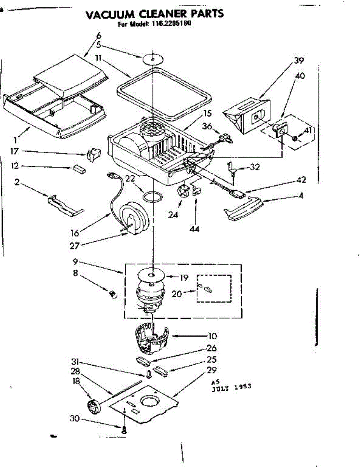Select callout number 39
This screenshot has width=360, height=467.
pos(299,60)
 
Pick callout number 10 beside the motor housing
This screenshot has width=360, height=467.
pos(212,335)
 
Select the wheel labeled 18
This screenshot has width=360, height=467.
pos(93,407)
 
